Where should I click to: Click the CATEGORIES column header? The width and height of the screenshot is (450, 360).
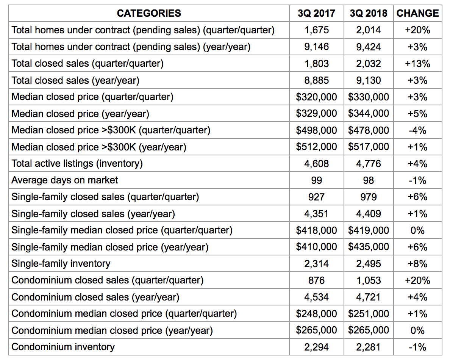click(149, 13)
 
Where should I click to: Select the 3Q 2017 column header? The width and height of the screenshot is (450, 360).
click(316, 13)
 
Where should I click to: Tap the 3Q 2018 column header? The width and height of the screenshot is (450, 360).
click(369, 13)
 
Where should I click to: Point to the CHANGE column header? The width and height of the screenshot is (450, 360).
click(417, 13)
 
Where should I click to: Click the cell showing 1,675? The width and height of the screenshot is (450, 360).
click(317, 30)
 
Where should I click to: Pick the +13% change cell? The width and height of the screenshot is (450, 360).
click(417, 63)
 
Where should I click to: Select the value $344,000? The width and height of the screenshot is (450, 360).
click(369, 113)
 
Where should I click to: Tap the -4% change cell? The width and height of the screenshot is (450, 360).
click(417, 130)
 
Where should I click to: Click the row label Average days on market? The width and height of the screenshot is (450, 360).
click(64, 180)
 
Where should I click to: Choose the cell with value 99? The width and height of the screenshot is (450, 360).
click(317, 180)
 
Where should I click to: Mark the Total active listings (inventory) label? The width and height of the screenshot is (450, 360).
click(77, 164)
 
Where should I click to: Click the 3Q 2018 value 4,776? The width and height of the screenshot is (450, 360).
click(369, 164)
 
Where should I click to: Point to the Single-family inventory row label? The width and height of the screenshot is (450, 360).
click(61, 263)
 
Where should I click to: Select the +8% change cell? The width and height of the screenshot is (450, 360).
click(417, 263)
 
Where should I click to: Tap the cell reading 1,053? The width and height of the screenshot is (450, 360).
click(369, 280)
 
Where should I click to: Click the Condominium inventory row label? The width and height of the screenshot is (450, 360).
click(63, 347)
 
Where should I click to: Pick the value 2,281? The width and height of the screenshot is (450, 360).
click(369, 347)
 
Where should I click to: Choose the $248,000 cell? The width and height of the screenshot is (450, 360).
click(317, 313)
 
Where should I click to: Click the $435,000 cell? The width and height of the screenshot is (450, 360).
click(369, 247)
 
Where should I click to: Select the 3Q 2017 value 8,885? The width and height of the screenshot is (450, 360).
click(317, 80)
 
